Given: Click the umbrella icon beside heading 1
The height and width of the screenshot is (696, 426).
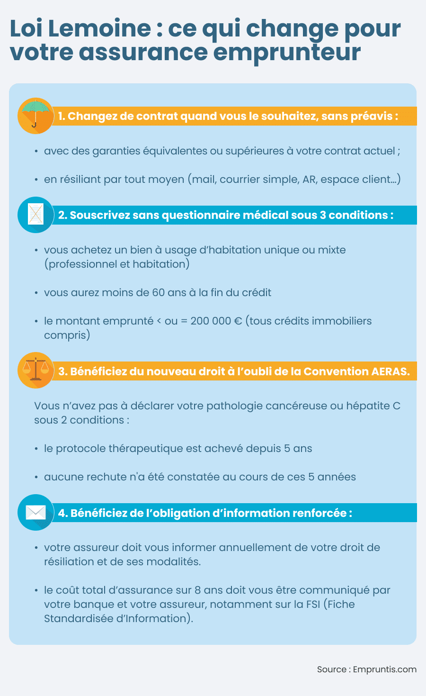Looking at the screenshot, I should point(35,116).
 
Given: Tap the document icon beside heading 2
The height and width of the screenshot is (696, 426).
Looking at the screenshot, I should point(35,215).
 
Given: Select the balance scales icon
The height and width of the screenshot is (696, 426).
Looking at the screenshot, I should point(35,371).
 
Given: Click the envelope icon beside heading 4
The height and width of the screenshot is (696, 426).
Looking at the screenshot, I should point(35,512).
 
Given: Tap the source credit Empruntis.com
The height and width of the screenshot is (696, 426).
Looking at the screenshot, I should point(384,669).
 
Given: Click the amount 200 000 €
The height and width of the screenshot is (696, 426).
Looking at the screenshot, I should point(216,321).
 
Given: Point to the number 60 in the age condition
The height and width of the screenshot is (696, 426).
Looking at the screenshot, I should point(158,292).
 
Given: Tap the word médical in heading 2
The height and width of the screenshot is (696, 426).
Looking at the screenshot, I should point(266,215).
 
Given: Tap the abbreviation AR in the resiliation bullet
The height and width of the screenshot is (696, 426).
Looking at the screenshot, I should point(309,179).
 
